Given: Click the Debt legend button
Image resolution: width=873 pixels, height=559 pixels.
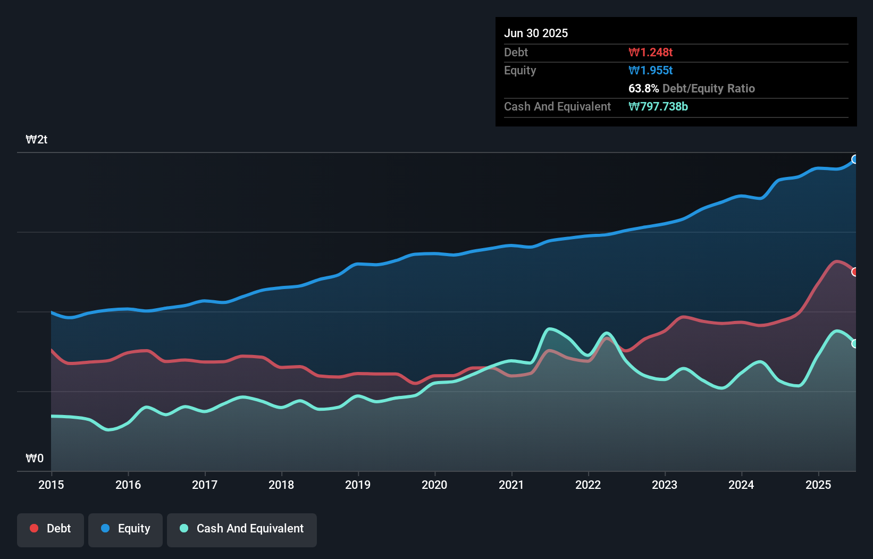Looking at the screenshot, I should (x=51, y=529).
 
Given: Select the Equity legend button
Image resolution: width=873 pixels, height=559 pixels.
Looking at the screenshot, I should (x=125, y=529).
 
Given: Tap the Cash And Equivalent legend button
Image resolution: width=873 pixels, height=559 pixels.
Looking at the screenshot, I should (x=242, y=529).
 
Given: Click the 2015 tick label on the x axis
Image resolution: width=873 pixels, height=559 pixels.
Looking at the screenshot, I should (x=51, y=485).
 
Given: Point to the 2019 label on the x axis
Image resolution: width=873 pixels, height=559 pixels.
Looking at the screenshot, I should (x=358, y=485).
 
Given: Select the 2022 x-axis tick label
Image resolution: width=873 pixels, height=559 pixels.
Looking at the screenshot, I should (x=588, y=485).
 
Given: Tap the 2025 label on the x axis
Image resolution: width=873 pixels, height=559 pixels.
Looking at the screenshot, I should (x=818, y=485).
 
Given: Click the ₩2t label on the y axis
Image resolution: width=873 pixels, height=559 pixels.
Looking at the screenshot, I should (x=37, y=140).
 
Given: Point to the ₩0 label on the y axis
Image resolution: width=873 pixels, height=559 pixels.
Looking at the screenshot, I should (x=35, y=458).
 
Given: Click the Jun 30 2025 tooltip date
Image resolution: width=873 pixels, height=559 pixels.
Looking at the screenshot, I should (x=536, y=33).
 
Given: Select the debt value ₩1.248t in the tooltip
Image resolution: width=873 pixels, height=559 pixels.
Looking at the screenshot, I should (x=650, y=52).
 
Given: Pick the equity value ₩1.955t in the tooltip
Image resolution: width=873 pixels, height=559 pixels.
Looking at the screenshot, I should (x=650, y=70).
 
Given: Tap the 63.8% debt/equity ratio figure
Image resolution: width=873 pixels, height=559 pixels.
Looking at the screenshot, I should (x=643, y=88).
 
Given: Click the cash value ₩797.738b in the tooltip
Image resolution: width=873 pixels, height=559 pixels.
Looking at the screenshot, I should (x=658, y=106).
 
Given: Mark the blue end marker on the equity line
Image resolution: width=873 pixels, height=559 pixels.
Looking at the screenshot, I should (x=855, y=159).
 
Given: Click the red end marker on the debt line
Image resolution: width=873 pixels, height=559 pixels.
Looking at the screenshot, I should (x=855, y=272).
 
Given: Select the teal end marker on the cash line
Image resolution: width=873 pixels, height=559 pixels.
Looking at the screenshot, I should (x=855, y=344).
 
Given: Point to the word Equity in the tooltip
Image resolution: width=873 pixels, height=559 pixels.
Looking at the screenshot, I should (x=520, y=70).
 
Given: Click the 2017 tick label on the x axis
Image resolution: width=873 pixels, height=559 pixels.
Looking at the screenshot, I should (x=205, y=485).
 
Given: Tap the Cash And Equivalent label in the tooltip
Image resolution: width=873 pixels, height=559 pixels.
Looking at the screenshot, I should (x=557, y=106).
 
